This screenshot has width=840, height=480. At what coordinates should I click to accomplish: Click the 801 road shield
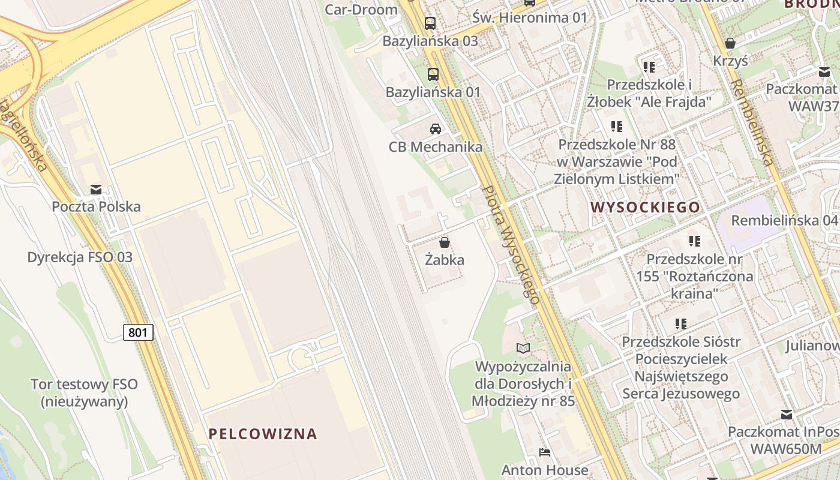pyautogui.click(x=138, y=332)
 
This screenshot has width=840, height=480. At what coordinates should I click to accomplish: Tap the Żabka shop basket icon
pyautogui.click(x=445, y=242)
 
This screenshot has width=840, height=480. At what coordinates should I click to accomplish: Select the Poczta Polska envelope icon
pyautogui.click(x=96, y=190)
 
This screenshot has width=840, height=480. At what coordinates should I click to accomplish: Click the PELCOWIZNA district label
pyautogui.click(x=263, y=434)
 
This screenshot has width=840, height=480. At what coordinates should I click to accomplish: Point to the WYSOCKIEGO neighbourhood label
pyautogui.click(x=646, y=208)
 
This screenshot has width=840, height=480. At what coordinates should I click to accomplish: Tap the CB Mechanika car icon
pyautogui.click(x=436, y=128)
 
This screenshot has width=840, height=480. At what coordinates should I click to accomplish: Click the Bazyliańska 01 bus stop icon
pyautogui.click(x=433, y=74)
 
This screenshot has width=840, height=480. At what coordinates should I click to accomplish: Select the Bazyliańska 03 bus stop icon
pyautogui.click(x=430, y=23)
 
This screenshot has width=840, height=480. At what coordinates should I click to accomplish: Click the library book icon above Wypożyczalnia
pyautogui.click(x=523, y=348)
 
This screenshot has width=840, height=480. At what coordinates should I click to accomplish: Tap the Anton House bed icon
pyautogui.click(x=545, y=452)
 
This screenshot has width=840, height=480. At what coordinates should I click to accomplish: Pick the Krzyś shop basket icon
pyautogui.click(x=730, y=43)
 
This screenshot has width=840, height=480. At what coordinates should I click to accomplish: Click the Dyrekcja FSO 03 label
pyautogui.click(x=80, y=257)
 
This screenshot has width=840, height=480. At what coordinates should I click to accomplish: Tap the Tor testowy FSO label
pyautogui.click(x=85, y=393)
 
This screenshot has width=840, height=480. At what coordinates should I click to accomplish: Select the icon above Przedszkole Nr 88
pyautogui.click(x=617, y=127)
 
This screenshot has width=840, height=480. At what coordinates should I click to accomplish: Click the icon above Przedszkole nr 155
pyautogui.click(x=694, y=241)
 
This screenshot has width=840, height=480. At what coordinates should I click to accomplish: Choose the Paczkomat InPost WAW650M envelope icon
pyautogui.click(x=787, y=414)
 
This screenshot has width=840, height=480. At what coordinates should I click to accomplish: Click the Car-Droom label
pyautogui.click(x=361, y=9)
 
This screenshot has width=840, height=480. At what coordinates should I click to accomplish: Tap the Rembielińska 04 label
pyautogui.click(x=784, y=220)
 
